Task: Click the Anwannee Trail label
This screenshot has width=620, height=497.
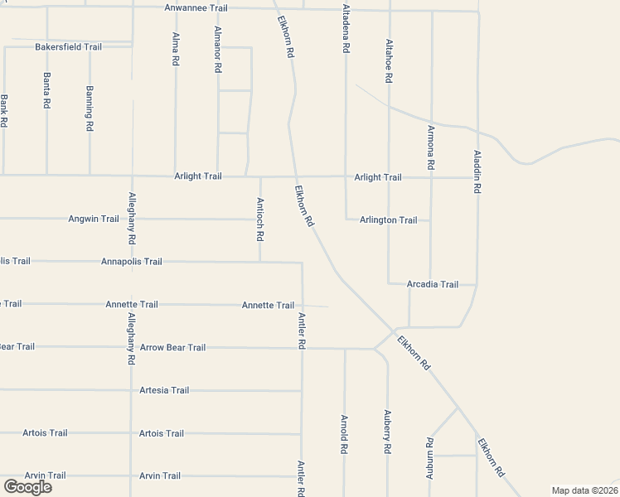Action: click(x=196, y=8)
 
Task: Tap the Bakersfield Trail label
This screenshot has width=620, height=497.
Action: click(x=68, y=47)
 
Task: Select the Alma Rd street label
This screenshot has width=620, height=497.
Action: click(x=176, y=52)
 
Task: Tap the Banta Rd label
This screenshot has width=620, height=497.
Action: click(x=46, y=91)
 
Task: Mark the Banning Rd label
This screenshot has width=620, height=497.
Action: click(x=90, y=109)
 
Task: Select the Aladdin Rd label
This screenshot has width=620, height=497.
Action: click(x=477, y=171)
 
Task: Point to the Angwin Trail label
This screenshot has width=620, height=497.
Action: click(x=94, y=219)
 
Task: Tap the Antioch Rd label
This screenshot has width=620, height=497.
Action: click(x=260, y=219)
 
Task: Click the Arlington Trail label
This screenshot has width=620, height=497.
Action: click(x=388, y=220)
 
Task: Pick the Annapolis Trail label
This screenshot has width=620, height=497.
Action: click(x=131, y=261)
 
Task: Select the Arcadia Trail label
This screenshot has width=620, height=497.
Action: click(x=433, y=284)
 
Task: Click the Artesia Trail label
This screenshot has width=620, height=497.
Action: click(x=164, y=390)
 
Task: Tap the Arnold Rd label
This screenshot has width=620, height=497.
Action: click(x=344, y=434)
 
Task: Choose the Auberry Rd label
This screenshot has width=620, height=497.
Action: click(x=387, y=431)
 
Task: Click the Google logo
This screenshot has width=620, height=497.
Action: click(x=27, y=486)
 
